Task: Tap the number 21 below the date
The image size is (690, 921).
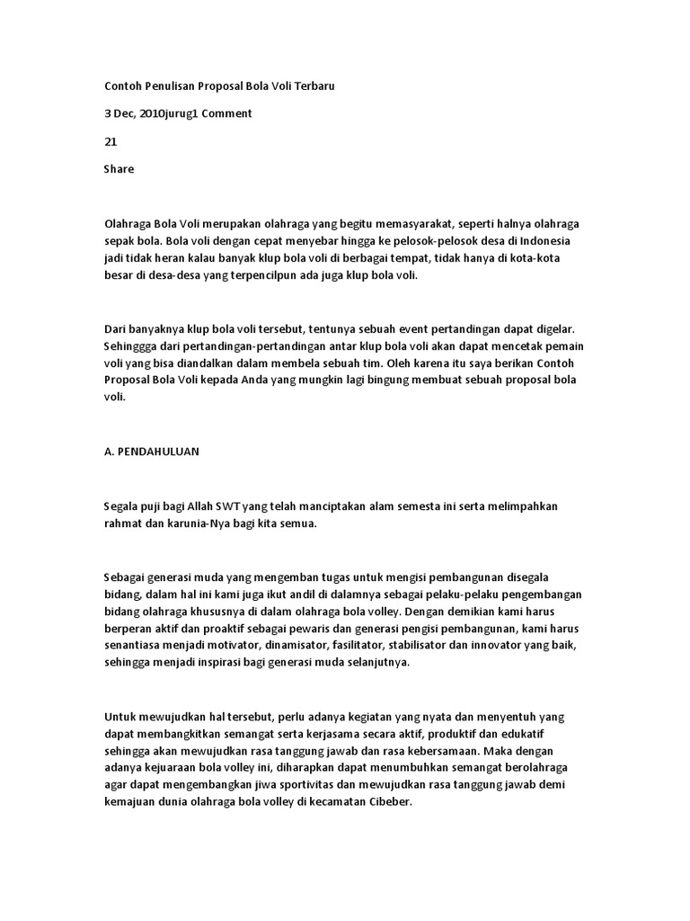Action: pos(111,141)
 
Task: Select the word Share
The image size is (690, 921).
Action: pos(119,168)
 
